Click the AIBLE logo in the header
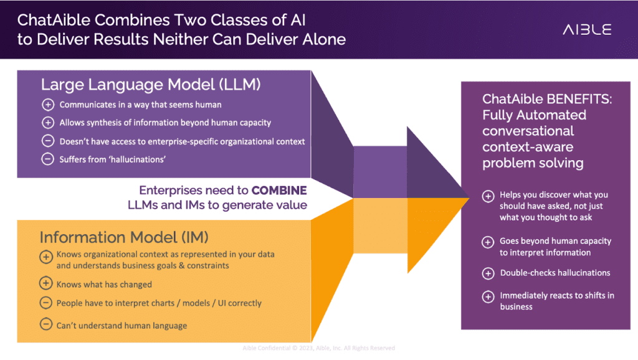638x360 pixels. tap(587, 29)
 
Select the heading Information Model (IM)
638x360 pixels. tap(123, 237)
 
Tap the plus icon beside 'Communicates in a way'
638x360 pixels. tap(48, 105)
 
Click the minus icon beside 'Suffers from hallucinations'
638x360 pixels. tap(48, 159)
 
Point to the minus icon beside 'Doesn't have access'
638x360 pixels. tap(48, 141)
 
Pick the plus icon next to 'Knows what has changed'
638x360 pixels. tap(46, 284)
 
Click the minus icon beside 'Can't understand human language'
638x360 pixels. tap(46, 324)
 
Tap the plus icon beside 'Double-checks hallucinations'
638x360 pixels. tap(488, 273)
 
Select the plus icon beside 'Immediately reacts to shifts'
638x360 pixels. tap(488, 296)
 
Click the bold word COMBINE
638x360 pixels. tap(279, 190)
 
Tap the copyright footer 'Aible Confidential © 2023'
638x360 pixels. tap(318, 348)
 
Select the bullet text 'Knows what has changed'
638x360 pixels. tap(104, 285)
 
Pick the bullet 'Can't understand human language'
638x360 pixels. tap(121, 325)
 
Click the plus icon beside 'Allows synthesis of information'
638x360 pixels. tap(48, 123)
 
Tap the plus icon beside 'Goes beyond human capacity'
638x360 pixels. tap(488, 242)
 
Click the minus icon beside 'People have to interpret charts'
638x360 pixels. tap(46, 303)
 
